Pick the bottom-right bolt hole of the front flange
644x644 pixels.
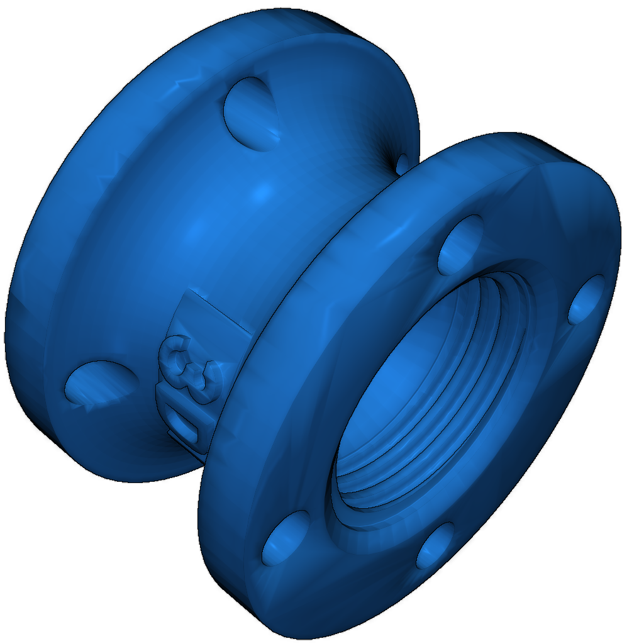[x=435, y=545]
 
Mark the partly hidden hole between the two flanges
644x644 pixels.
[x=402, y=164]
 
